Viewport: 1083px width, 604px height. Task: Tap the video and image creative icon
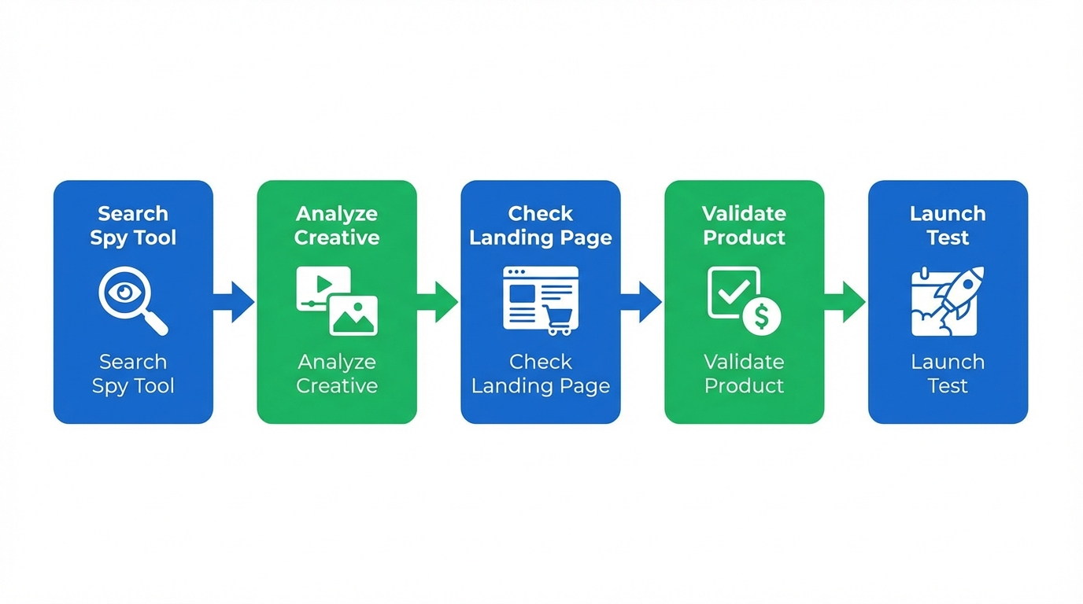(336, 300)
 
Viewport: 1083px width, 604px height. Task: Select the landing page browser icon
(541, 300)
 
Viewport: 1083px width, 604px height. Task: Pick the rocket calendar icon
(948, 300)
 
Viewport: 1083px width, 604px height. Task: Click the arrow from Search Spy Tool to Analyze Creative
(234, 302)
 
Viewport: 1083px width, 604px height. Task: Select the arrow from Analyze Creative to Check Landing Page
(438, 302)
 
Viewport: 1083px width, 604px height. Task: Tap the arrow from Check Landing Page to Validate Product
(641, 302)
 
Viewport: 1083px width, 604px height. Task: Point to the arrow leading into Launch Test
(845, 302)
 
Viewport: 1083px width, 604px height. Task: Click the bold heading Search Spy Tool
(133, 226)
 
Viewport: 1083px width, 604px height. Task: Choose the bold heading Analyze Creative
(337, 226)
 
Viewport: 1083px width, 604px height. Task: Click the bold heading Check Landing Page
(541, 226)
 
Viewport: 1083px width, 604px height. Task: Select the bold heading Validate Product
(744, 226)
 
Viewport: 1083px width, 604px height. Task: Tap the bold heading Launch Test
(948, 226)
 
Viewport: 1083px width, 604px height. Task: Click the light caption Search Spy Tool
(133, 374)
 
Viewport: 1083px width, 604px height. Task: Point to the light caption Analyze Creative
(337, 374)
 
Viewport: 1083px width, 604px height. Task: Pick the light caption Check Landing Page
(541, 374)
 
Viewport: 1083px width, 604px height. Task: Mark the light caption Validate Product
(744, 374)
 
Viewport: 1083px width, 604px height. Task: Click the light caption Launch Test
(948, 374)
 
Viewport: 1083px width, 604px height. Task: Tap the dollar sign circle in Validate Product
(761, 317)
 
